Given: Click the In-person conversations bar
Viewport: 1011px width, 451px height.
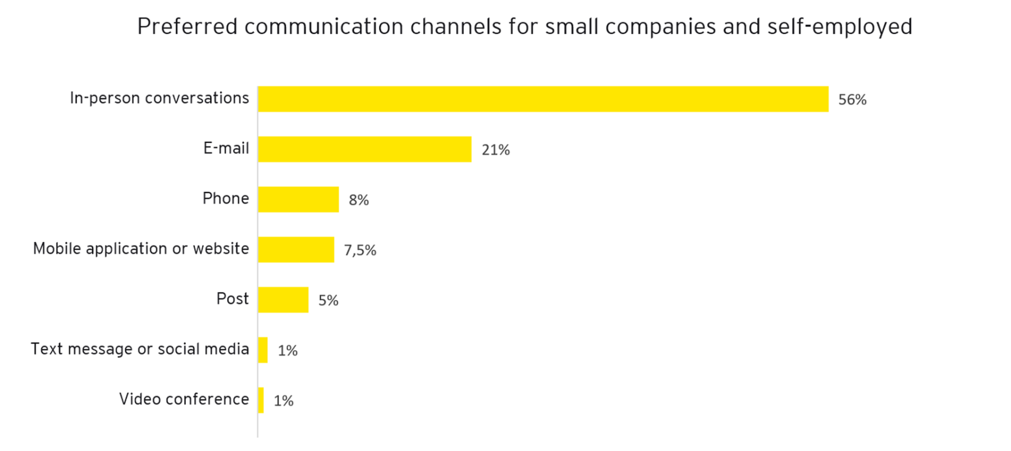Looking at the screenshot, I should pyautogui.click(x=543, y=99).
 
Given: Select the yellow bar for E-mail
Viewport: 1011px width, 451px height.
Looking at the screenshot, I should pyautogui.click(x=365, y=149).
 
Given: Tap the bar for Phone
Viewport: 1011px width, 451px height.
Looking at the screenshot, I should pyautogui.click(x=298, y=199).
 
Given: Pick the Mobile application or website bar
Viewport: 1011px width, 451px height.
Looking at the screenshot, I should pyautogui.click(x=296, y=249).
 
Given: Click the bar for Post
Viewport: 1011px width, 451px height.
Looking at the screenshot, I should pyautogui.click(x=283, y=300).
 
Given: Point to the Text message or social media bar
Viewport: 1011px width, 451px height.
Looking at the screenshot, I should pyautogui.click(x=263, y=350).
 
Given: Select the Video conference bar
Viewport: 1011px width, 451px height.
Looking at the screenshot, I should pyautogui.click(x=261, y=400).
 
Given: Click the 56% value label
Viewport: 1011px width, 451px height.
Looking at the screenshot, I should pyautogui.click(x=852, y=100).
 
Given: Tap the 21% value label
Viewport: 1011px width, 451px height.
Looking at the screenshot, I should pyautogui.click(x=495, y=150).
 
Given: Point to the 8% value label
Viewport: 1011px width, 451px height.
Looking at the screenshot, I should pyautogui.click(x=358, y=200).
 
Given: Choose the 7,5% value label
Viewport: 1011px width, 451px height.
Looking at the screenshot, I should pyautogui.click(x=360, y=250).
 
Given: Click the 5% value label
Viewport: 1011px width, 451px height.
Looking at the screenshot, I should pyautogui.click(x=328, y=300).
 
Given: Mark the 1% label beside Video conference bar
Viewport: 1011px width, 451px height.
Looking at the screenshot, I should pyautogui.click(x=283, y=400).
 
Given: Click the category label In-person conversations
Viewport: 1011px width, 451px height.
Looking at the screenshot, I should pyautogui.click(x=159, y=98).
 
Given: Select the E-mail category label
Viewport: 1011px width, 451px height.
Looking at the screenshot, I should pyautogui.click(x=226, y=148).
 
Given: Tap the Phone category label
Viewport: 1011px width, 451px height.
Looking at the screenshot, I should pyautogui.click(x=225, y=198).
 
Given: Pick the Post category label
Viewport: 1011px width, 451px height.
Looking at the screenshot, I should pyautogui.click(x=232, y=299).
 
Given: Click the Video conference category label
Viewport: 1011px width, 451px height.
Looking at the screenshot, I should pyautogui.click(x=184, y=399).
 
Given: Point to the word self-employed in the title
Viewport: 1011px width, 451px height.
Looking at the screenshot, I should pyautogui.click(x=840, y=26).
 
